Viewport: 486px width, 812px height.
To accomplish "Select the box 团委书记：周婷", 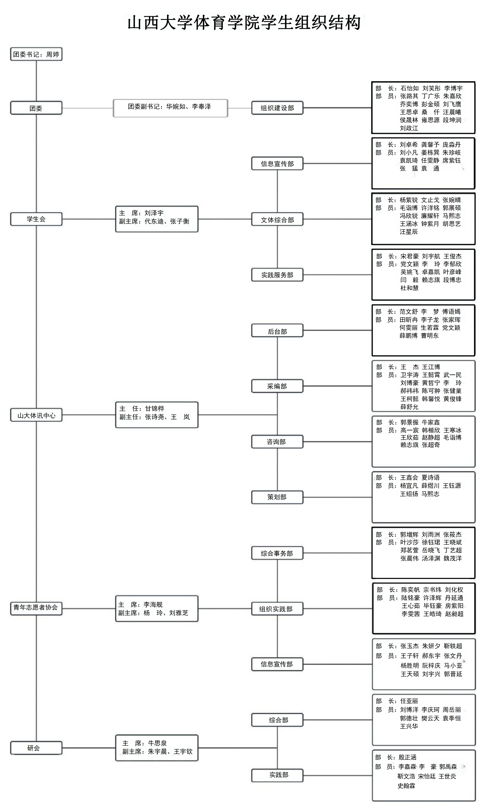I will click(36, 54).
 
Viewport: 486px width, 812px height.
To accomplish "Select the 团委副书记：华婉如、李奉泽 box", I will click(170, 108).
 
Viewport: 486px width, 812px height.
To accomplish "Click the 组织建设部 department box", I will click(277, 108).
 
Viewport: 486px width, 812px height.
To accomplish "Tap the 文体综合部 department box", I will click(277, 219).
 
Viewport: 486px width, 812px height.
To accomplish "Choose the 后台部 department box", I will click(277, 331).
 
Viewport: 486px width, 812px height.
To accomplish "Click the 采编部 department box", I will click(277, 386).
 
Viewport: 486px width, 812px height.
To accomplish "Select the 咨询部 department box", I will click(277, 442).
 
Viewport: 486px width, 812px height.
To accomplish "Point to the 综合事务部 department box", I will click(277, 553).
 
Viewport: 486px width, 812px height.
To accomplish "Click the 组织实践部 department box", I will click(277, 609).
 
